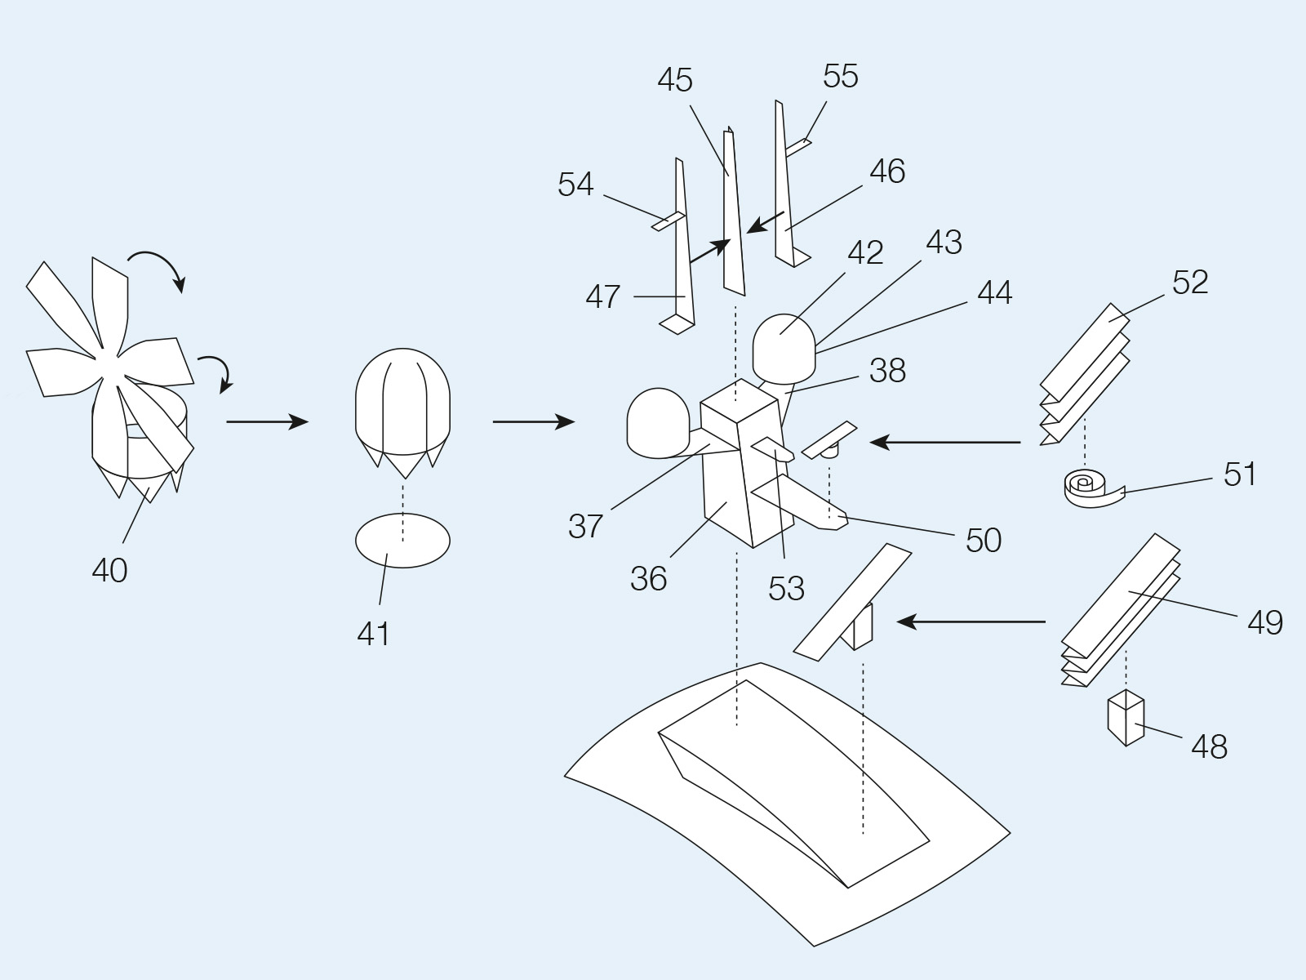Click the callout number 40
pos(109,570)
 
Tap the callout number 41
pos(373,634)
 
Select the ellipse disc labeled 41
pos(402,541)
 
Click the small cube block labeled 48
pos(1126,718)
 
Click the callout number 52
pos(1190,282)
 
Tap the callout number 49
pos(1265,623)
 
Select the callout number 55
pos(841,76)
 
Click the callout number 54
pos(575,185)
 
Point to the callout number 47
pos(602,296)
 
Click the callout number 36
pos(649,578)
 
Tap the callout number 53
pos(786,589)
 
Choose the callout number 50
pos(984,541)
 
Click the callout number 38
pos(888,371)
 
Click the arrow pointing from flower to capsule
pos(267,422)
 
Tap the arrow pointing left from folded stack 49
pos(971,621)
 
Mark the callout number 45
pos(675,80)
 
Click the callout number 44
pos(995,292)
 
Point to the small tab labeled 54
pos(669,221)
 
